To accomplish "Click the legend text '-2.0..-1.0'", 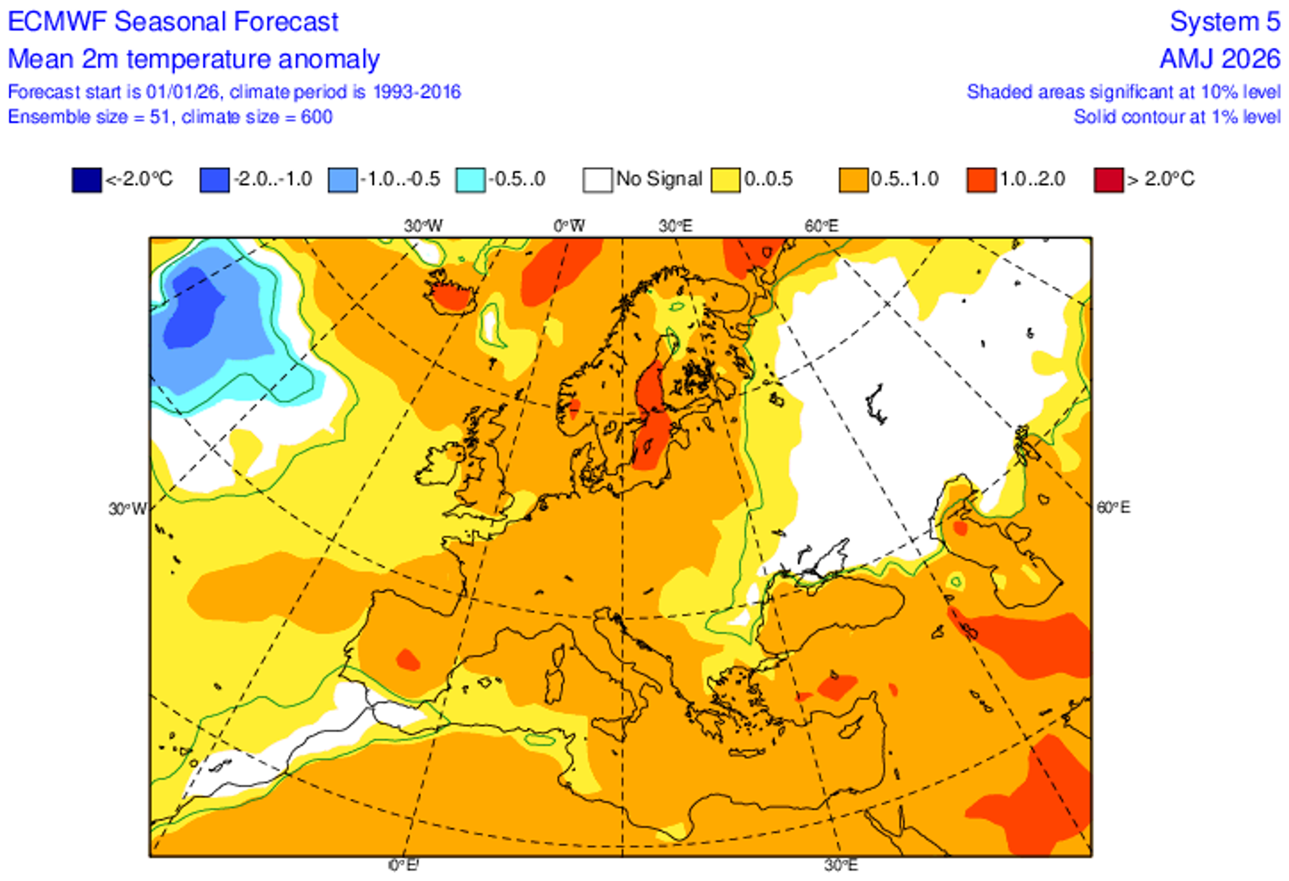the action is tap(272, 179).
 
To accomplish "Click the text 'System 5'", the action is tap(1225, 22).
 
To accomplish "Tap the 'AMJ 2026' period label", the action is tap(1220, 59).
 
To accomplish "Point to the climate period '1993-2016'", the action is tap(416, 91).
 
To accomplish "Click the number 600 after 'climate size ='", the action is tap(317, 117).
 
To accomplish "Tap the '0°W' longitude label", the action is tap(569, 226).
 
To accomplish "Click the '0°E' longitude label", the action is tap(404, 864).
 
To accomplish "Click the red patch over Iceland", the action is tap(452, 296).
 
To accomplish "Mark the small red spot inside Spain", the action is tap(408, 660).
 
